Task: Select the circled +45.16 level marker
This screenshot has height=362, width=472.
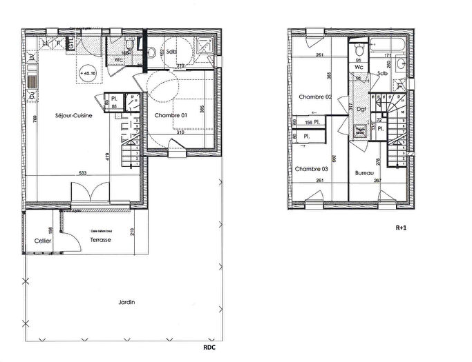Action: point(87,70)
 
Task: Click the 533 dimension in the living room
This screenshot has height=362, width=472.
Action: point(83,173)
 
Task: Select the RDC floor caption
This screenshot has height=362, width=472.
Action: point(209,348)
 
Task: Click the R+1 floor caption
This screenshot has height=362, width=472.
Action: point(401,227)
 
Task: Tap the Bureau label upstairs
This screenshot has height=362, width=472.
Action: point(364,173)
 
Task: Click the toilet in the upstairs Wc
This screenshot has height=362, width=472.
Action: point(358,52)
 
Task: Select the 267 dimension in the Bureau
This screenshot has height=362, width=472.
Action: point(377,181)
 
